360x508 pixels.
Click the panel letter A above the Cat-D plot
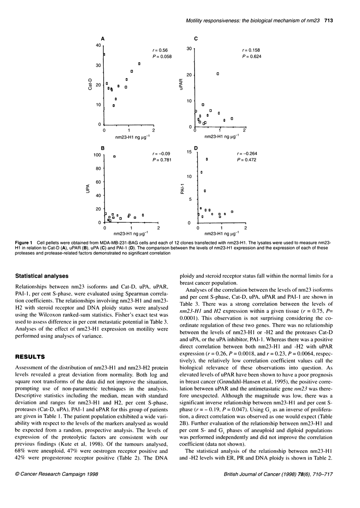pyautogui.click(x=103, y=39)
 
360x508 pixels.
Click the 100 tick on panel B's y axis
pyautogui.click(x=97, y=154)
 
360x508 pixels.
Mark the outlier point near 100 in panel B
pyautogui.click(x=114, y=157)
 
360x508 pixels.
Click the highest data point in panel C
pyautogui.click(x=218, y=74)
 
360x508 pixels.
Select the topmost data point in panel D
pyautogui.click(x=206, y=159)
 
